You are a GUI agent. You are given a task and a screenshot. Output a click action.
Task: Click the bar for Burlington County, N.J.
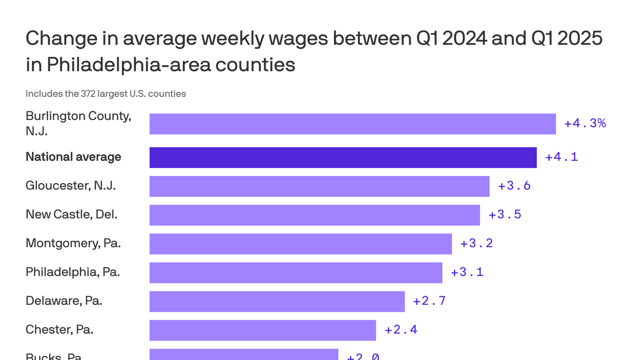352,124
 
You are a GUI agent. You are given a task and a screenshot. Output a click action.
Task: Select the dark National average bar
343,157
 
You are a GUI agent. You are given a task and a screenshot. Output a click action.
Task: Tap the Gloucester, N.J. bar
319,186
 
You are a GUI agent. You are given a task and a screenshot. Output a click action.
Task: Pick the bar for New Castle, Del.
314,215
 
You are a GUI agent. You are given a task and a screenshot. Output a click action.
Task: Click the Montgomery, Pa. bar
300,244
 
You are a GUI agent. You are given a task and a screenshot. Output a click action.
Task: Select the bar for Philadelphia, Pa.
296,272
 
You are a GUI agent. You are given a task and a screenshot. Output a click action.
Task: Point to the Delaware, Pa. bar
277,301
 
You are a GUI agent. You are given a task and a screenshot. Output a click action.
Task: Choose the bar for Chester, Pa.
262,330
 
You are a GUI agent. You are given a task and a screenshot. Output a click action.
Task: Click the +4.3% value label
585,123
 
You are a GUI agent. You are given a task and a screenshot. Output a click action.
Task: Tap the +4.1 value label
561,157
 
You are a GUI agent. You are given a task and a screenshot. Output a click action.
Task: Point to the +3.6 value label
514,186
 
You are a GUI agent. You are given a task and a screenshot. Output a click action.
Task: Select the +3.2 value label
476,243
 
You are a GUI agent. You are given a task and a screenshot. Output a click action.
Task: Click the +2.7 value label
429,301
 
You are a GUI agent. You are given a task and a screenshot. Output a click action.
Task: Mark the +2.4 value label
401,330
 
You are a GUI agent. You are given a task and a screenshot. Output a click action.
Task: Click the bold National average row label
73,157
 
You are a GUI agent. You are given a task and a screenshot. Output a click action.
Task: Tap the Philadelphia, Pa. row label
73,272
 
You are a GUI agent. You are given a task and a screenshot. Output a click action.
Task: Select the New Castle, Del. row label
71,215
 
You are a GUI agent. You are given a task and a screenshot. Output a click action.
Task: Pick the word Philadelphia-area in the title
128,65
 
